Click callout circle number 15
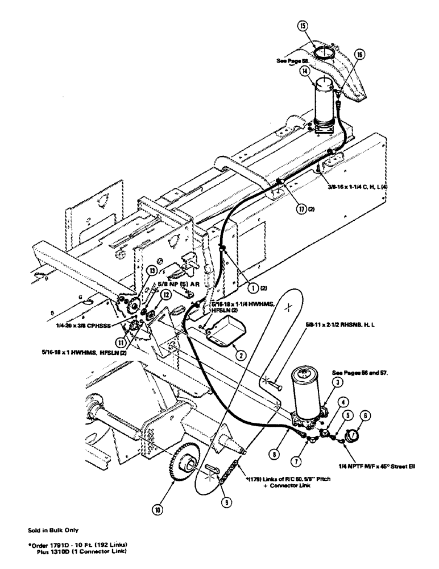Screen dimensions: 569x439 (303, 26)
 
